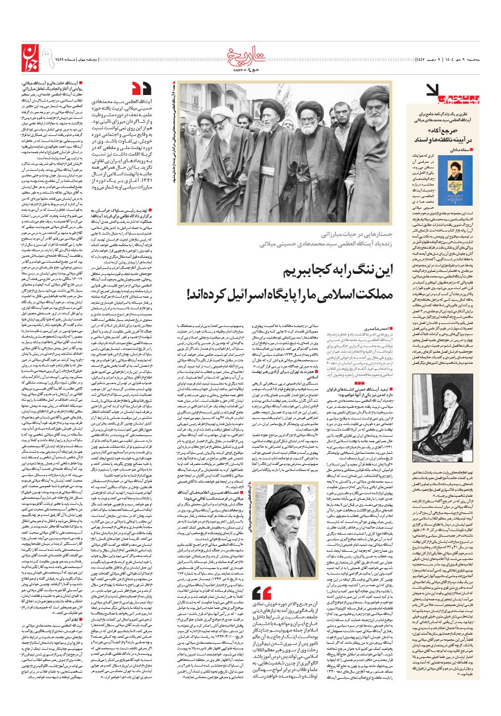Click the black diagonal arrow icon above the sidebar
point(434,89)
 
